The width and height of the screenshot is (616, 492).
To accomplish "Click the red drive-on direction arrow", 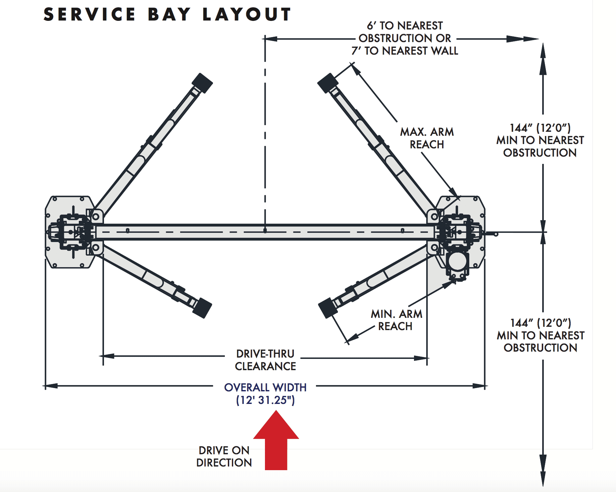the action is [x=276, y=440].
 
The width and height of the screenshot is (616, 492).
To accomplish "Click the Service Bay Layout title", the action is [x=167, y=15].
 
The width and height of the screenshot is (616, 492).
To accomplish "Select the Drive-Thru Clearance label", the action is [x=265, y=360].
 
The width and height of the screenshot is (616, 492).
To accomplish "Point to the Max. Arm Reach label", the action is [x=427, y=138].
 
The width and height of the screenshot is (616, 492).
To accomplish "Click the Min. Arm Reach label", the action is [x=396, y=320].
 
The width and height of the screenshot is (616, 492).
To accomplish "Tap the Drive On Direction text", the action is [x=224, y=456].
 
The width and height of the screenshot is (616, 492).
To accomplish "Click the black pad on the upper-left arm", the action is [x=202, y=83].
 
